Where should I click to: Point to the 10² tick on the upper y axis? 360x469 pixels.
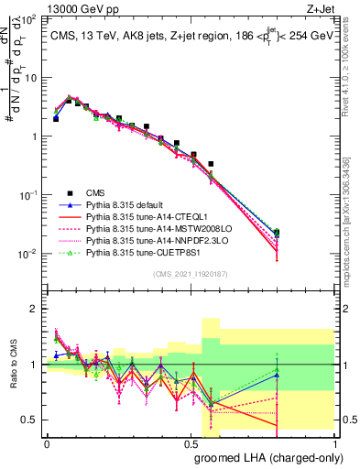pyautogui.click(x=28, y=19)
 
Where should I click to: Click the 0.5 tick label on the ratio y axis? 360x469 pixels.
pyautogui.click(x=30, y=420)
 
